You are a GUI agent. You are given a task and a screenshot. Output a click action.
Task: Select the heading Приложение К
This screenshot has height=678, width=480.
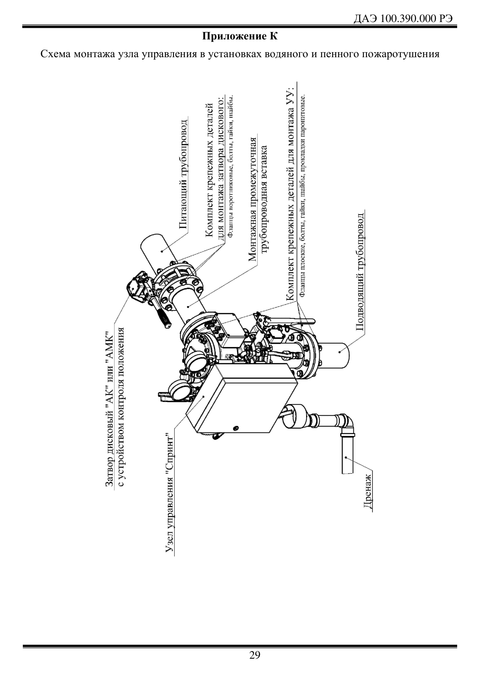240,37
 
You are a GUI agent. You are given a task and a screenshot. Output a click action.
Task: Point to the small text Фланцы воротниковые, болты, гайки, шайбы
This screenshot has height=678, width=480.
230,166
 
